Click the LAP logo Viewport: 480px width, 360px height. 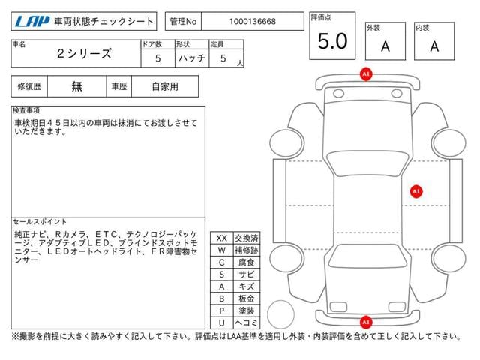tap(32, 22)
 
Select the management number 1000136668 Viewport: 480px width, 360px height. tap(253, 22)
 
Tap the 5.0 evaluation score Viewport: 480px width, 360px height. tap(332, 41)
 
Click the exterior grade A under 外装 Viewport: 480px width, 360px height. tap(385, 46)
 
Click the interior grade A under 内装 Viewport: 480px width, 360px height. tap(434, 46)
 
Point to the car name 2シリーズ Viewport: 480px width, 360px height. tap(84, 54)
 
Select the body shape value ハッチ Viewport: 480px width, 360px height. tap(192, 58)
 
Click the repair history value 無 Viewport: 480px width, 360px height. tap(76, 86)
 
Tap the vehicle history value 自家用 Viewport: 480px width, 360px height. tap(165, 87)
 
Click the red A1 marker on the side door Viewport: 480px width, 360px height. tap(416, 192)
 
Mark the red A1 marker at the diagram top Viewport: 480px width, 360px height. tap(366, 74)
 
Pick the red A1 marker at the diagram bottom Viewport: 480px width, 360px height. tap(366, 322)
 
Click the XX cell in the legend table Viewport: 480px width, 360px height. tap(222, 238)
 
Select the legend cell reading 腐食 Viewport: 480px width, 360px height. tap(247, 262)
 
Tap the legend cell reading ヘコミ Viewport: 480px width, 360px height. tap(247, 322)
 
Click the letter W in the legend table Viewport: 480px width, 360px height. tap(222, 250)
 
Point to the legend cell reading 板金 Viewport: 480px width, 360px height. tap(247, 298)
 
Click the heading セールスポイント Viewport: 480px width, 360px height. tap(40, 222)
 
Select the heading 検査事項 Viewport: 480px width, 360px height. tap(26, 110)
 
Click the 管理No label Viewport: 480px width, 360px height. tap(183, 22)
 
